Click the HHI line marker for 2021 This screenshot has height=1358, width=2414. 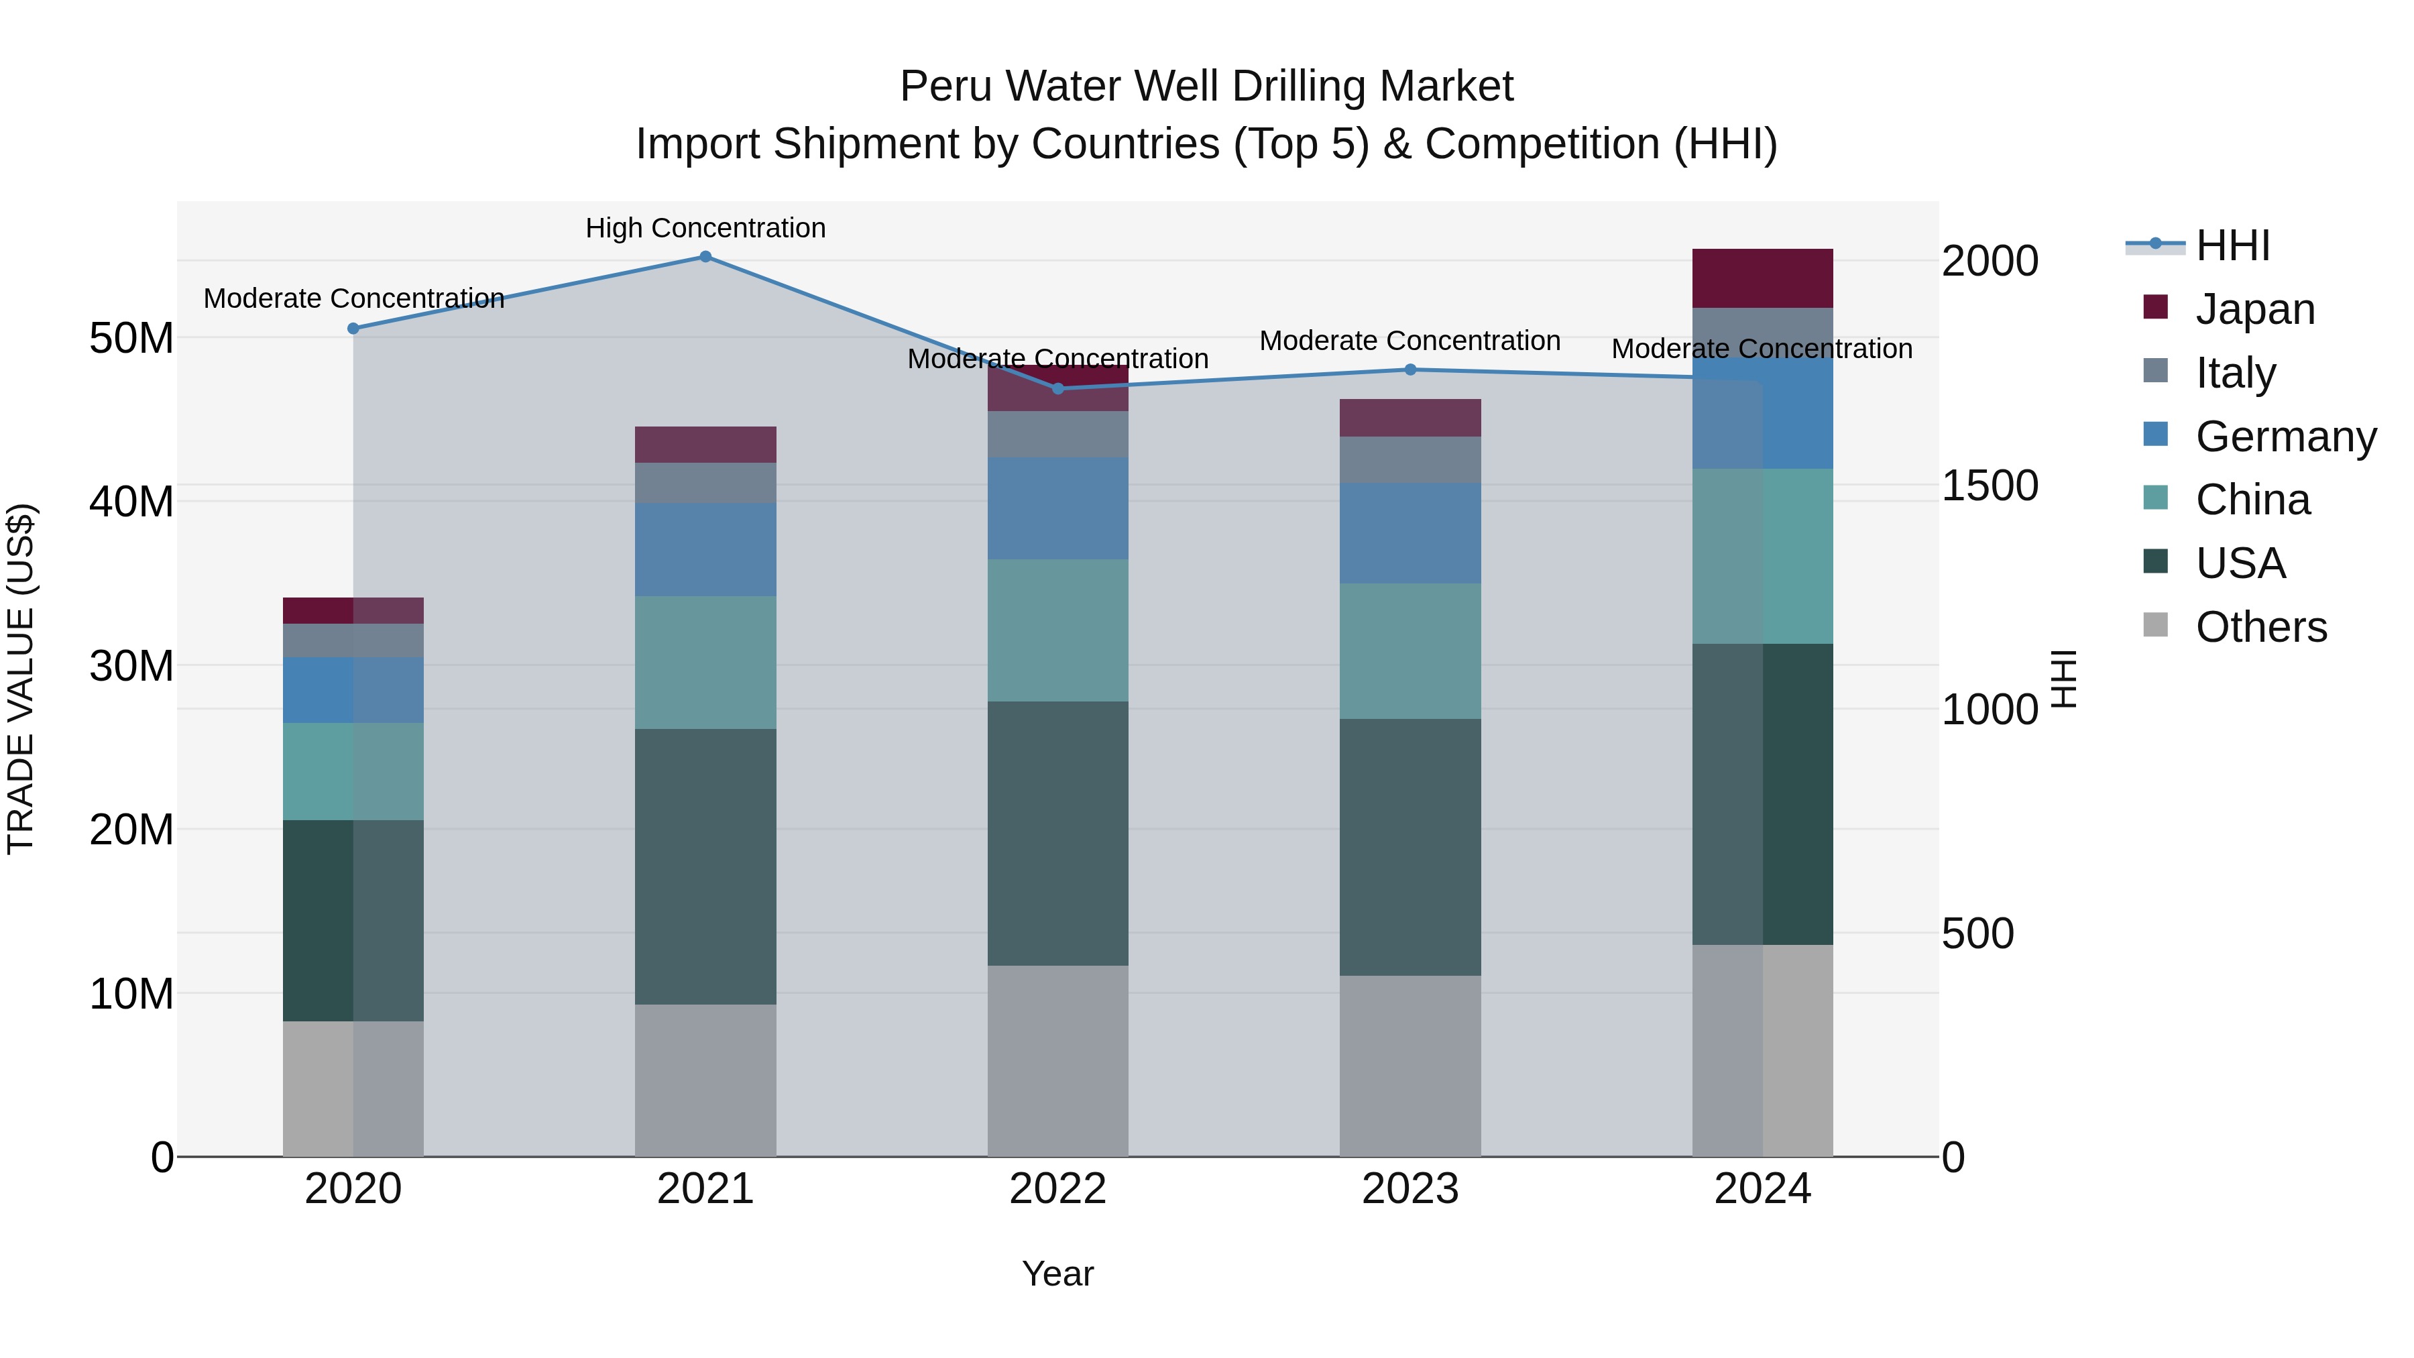tap(705, 257)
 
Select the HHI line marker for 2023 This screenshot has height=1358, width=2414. tap(1410, 370)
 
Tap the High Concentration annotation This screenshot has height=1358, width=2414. tap(705, 228)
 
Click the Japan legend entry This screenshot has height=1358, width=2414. tap(2254, 309)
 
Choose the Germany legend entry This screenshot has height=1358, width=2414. tap(2285, 437)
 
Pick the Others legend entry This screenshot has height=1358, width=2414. tap(2260, 627)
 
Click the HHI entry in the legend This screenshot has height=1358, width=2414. tap(2232, 245)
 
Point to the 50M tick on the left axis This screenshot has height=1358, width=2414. tap(131, 337)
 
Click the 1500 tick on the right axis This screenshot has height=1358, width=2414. tap(1989, 486)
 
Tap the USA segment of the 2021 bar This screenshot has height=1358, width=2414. tap(705, 867)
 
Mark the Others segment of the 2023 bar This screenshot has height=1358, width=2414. tap(1410, 1066)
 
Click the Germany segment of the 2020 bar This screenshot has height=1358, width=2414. tap(353, 690)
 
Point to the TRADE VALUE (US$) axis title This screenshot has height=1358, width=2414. tap(21, 679)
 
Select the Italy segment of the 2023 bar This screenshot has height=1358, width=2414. tap(1410, 459)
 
